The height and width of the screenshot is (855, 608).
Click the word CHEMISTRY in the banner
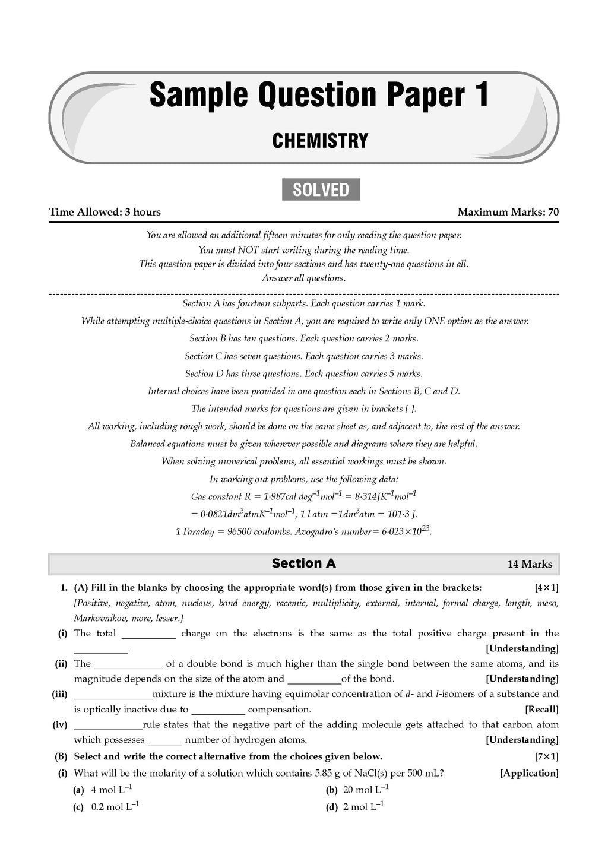click(x=320, y=141)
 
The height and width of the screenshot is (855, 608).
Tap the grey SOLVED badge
click(x=321, y=189)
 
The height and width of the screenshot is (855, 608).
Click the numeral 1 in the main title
click(x=480, y=95)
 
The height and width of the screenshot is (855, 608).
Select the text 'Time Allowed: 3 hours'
click(x=105, y=212)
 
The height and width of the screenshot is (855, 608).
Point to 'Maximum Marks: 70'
click(x=508, y=212)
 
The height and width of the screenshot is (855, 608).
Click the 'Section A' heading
click(x=303, y=563)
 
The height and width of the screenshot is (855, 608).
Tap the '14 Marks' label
click(x=530, y=564)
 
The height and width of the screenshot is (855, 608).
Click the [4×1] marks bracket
click(x=546, y=588)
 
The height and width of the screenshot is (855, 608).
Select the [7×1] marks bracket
click(x=546, y=756)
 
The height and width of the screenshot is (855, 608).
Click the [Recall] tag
click(x=541, y=709)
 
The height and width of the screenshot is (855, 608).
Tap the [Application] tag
click(x=529, y=773)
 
